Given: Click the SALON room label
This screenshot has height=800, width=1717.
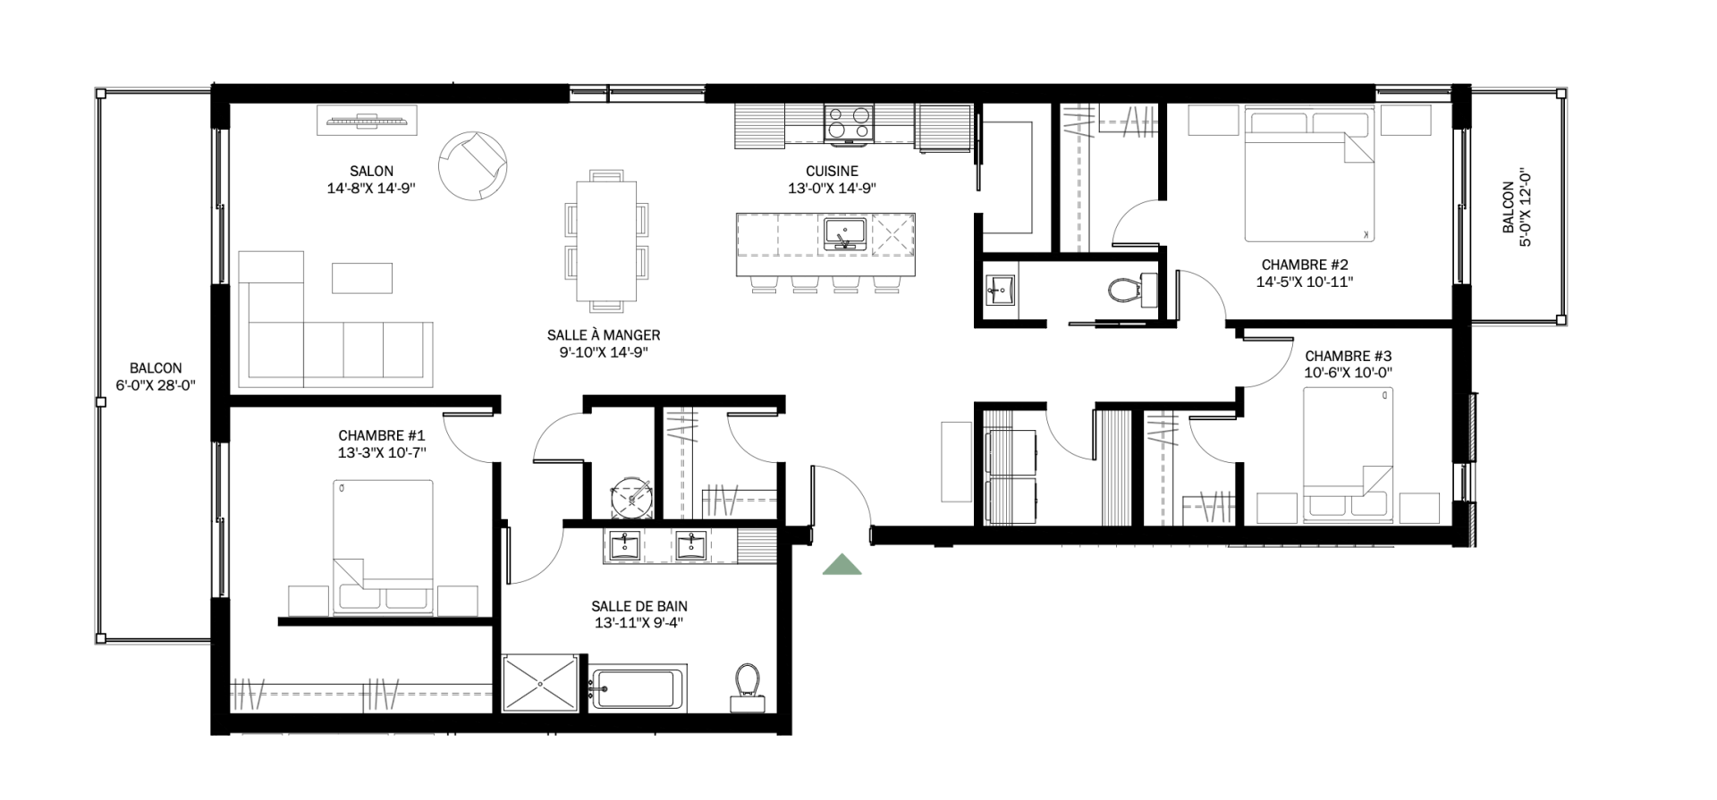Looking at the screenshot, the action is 372,172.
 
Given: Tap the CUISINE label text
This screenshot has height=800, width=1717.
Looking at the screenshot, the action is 831,172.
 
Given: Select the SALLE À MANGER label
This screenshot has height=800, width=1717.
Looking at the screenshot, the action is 604,335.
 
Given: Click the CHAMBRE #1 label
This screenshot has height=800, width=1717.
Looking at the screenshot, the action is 381,436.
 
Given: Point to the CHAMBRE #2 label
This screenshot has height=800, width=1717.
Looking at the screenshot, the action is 1305,265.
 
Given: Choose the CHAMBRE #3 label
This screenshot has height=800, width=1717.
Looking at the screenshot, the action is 1348,357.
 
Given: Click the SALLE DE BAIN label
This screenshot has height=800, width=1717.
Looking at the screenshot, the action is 639,607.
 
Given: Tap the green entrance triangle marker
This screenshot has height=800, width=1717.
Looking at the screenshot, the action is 842,564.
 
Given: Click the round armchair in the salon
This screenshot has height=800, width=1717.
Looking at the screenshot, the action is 473,166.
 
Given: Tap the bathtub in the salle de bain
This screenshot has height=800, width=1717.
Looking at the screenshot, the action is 637,688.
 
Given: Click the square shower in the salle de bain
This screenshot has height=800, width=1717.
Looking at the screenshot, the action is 542,684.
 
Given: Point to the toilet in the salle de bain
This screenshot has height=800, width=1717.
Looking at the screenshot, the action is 747,686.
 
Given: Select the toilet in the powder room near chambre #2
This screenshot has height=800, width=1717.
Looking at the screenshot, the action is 1128,289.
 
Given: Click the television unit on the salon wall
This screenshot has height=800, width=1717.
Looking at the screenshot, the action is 367,121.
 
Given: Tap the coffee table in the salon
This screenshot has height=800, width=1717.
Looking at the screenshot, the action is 362,278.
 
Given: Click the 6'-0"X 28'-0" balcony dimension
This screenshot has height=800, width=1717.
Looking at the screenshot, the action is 156,385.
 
